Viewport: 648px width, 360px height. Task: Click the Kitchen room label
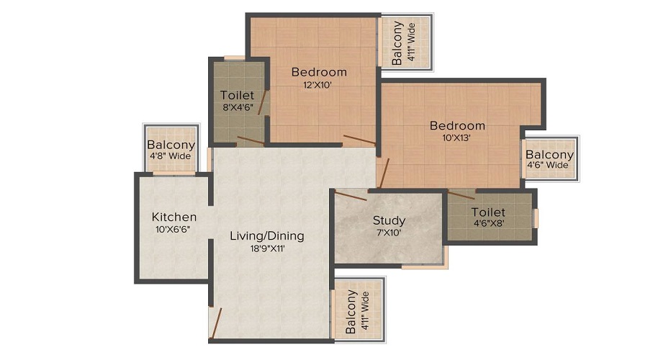pos(174,217)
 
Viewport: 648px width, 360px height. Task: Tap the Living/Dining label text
pos(266,235)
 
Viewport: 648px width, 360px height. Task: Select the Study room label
pos(389,220)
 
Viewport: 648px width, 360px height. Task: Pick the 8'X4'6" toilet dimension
pos(237,107)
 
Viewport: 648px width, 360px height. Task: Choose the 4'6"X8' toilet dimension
pos(488,225)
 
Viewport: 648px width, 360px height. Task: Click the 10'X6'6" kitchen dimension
pos(174,230)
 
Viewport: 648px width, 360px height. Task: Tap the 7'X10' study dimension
pos(388,233)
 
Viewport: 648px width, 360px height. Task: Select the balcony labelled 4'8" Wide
pos(171,149)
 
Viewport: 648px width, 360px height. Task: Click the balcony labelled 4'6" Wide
pos(549,159)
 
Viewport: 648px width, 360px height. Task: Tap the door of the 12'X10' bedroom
pos(359,139)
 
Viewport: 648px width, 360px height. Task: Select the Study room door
pos(350,194)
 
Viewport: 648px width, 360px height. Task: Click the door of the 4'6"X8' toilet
pos(461,194)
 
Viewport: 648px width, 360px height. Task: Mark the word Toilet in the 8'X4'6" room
pos(237,95)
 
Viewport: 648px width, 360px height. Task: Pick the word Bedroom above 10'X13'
pos(457,125)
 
